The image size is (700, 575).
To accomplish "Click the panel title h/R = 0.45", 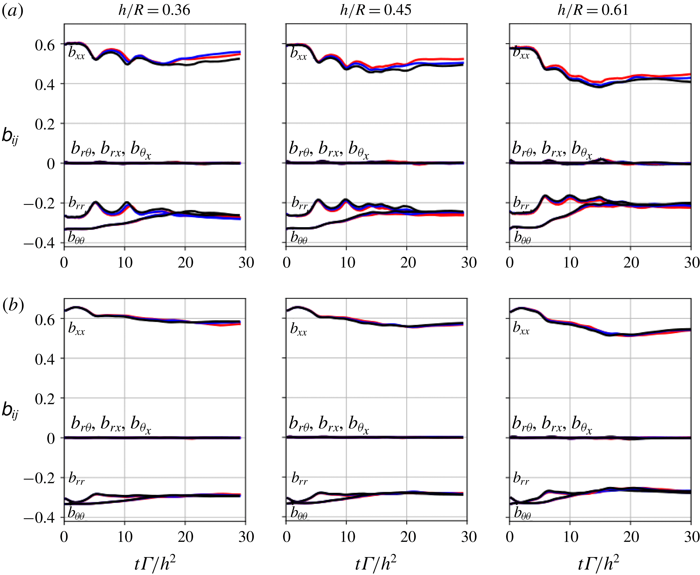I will tap(376, 10).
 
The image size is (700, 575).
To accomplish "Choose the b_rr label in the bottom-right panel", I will tap(521, 479).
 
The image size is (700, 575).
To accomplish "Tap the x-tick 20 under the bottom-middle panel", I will tap(408, 537).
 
